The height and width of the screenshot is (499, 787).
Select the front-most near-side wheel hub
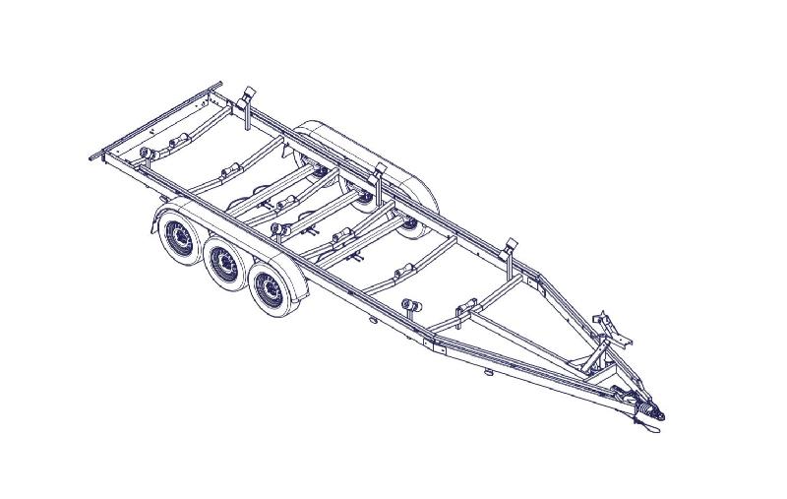pyautogui.click(x=267, y=286)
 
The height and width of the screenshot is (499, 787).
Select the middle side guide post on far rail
pyautogui.click(x=378, y=178)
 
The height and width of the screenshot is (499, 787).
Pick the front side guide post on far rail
pyautogui.click(x=510, y=250)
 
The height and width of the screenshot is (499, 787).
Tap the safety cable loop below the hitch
pyautogui.click(x=644, y=423)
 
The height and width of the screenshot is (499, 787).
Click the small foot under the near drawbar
pyautogui.click(x=489, y=373)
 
